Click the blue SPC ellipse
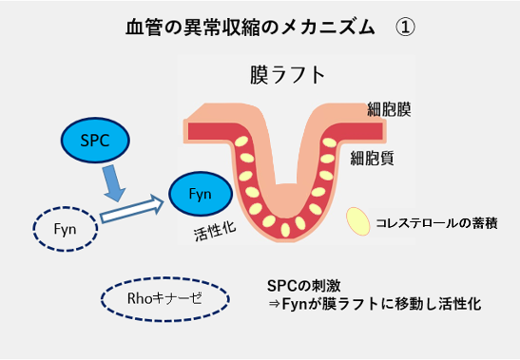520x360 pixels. [97, 140]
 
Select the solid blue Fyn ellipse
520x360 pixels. [201, 195]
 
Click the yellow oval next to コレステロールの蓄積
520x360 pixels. [358, 221]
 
